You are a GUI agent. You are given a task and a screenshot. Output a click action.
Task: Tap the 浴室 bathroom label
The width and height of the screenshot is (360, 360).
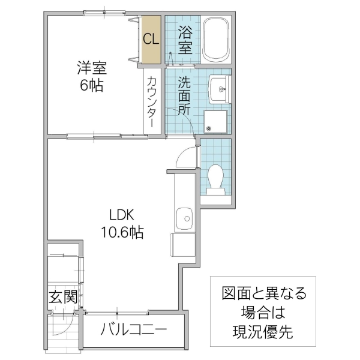pyautogui.click(x=184, y=40)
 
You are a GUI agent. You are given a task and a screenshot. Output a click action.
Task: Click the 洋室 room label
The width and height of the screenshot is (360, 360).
pyautogui.click(x=91, y=65)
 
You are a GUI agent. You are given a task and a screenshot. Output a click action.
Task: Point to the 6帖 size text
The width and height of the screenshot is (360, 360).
pyautogui.click(x=91, y=85)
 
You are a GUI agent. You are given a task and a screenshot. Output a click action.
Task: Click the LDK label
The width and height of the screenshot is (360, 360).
pyautogui.click(x=125, y=214)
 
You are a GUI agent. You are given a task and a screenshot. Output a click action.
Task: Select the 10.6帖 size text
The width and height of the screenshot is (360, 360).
pyautogui.click(x=125, y=232)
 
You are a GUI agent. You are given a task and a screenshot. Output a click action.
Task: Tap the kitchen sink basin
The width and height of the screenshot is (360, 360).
pyautogui.click(x=184, y=218)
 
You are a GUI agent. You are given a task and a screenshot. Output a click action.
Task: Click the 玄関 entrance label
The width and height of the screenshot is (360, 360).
pyautogui.click(x=63, y=296)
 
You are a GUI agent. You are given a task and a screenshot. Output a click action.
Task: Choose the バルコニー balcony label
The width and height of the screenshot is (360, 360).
pyautogui.click(x=134, y=329)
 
